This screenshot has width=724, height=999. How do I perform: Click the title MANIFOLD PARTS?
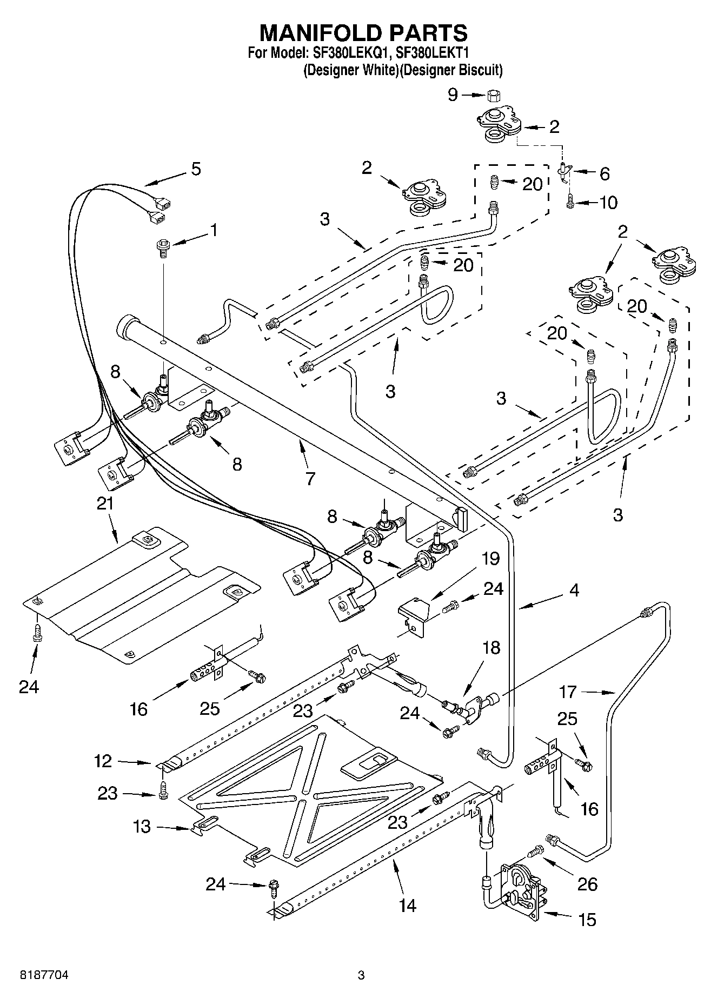click(x=363, y=33)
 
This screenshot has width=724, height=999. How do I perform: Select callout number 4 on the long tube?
click(x=574, y=590)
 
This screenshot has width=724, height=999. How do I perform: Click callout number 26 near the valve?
click(x=588, y=884)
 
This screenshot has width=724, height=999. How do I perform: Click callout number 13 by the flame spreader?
click(x=142, y=827)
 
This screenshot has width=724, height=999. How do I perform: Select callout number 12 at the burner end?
click(x=103, y=761)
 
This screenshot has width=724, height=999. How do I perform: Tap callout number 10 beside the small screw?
click(x=608, y=203)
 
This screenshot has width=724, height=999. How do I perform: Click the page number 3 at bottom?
click(x=361, y=975)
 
